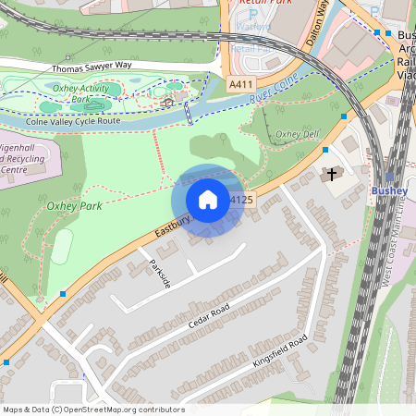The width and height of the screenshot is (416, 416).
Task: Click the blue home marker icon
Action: [x=208, y=200]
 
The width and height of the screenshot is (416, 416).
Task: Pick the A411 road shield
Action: [x=240, y=84]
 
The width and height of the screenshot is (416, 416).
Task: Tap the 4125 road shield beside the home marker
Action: [x=241, y=200]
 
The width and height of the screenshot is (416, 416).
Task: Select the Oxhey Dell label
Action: [x=298, y=135]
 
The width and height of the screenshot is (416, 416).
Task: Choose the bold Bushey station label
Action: [x=388, y=190]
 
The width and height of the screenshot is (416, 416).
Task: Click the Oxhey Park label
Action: [x=74, y=206]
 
